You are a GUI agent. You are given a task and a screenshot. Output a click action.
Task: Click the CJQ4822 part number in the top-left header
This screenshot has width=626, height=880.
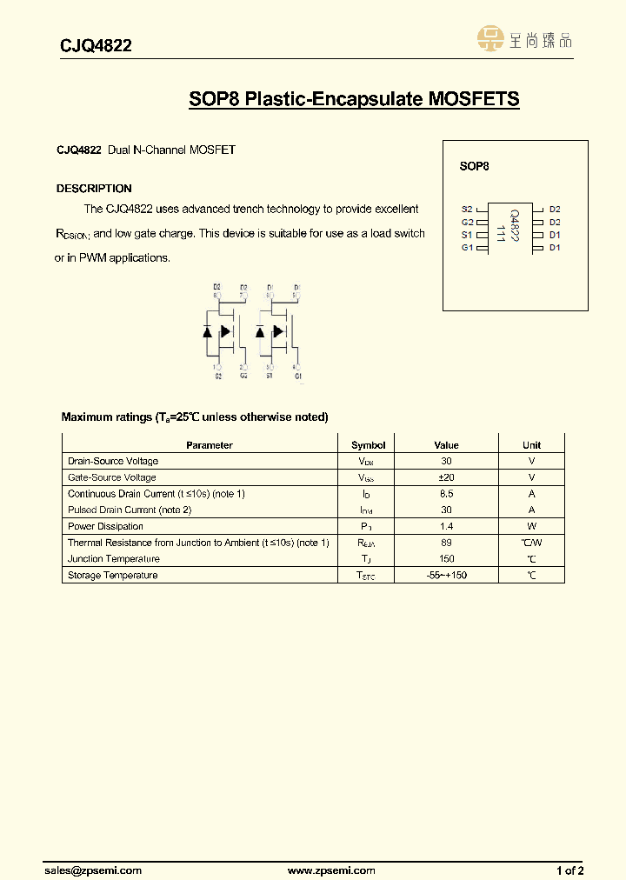(96, 46)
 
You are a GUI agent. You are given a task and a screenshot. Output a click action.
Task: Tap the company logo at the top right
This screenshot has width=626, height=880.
(524, 38)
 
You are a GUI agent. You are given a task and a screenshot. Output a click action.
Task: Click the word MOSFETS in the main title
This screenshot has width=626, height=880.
(473, 99)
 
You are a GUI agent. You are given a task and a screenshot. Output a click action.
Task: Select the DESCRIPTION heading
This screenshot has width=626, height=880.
(94, 189)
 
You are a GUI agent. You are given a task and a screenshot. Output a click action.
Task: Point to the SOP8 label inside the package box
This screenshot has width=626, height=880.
(474, 166)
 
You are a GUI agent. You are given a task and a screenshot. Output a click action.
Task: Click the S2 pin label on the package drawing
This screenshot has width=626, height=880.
(467, 210)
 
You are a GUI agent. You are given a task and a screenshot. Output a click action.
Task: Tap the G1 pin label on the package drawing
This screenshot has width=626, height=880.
(467, 248)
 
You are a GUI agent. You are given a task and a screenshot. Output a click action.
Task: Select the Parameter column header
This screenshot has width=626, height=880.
(210, 445)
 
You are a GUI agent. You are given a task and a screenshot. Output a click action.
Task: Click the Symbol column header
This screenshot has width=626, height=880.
(368, 445)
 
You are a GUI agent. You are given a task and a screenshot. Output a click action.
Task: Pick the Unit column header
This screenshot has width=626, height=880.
(531, 445)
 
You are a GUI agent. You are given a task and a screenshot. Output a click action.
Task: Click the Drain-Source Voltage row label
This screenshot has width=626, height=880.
(113, 461)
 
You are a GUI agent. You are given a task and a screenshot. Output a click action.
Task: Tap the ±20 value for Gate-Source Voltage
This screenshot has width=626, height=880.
(446, 477)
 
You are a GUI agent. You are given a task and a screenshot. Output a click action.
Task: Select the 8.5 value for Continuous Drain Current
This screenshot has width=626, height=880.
(446, 494)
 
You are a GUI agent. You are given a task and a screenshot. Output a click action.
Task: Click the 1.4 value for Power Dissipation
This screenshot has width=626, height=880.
(446, 526)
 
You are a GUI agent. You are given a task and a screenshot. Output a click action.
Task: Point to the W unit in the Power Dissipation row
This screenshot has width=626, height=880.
(531, 526)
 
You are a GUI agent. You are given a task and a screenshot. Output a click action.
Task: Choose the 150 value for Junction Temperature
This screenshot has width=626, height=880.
(446, 559)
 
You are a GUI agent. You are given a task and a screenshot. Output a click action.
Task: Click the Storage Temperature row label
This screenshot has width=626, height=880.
(113, 576)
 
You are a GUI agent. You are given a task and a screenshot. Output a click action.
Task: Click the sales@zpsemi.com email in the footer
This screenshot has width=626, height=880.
(93, 870)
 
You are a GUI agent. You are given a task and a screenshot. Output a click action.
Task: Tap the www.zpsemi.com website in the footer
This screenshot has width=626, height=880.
(331, 870)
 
